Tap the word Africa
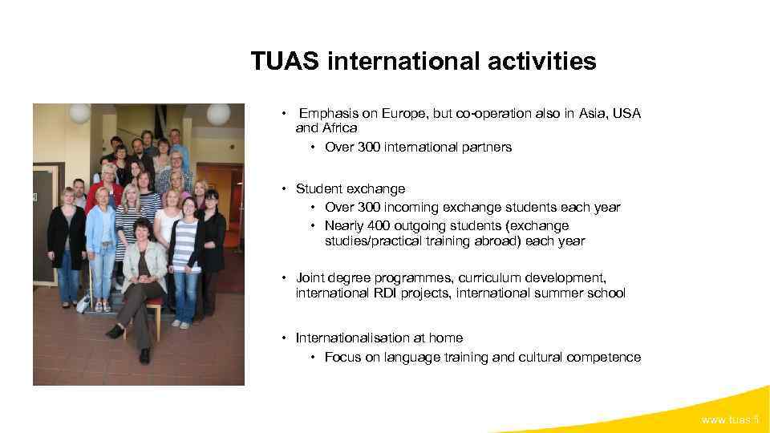[337, 127]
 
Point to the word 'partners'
[485, 148]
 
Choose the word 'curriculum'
[488, 278]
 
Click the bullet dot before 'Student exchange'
[284, 189]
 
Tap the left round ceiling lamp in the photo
[79, 113]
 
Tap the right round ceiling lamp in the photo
[217, 113]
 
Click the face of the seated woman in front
[152, 237]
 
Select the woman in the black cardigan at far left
[66, 241]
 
